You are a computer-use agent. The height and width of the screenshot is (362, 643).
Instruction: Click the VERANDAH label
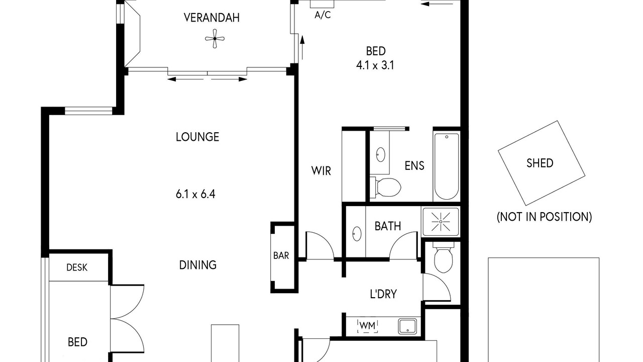click(x=211, y=18)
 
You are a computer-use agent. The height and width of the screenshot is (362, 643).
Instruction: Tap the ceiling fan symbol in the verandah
click(x=215, y=39)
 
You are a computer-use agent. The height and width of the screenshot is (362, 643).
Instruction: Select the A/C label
click(x=323, y=15)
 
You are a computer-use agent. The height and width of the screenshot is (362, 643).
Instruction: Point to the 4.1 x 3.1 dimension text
click(x=375, y=65)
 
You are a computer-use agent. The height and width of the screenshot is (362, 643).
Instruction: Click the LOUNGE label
click(x=197, y=137)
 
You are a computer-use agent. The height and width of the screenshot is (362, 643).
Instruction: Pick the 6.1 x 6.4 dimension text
click(x=195, y=194)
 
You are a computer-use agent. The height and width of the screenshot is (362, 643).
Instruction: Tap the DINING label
click(x=198, y=265)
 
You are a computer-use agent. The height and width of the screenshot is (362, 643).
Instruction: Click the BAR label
click(x=281, y=255)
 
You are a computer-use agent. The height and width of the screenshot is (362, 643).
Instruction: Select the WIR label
click(x=321, y=171)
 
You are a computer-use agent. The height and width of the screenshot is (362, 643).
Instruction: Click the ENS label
click(x=414, y=166)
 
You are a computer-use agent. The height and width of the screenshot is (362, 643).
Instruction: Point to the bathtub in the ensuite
click(x=447, y=166)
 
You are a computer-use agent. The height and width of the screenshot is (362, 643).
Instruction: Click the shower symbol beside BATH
click(x=441, y=222)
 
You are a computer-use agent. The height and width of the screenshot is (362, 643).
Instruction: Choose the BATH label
click(x=388, y=226)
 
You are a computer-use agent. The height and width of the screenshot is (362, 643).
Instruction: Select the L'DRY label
click(x=383, y=294)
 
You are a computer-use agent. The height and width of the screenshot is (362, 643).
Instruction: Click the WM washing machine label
click(x=367, y=326)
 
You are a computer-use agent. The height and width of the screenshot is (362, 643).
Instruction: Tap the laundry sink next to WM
click(x=407, y=326)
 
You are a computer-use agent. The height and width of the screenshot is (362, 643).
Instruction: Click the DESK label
click(x=77, y=267)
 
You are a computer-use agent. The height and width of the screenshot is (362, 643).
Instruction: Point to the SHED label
click(x=540, y=163)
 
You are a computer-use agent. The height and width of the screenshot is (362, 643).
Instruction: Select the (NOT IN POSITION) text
click(x=544, y=217)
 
